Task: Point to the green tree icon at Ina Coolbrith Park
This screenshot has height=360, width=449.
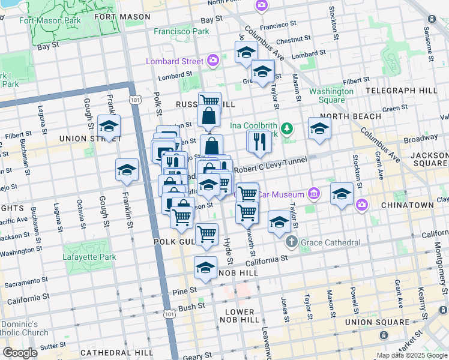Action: [288, 128]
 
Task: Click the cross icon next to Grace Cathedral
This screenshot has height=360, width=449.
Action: [292, 242]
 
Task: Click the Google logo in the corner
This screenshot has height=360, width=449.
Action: [20, 352]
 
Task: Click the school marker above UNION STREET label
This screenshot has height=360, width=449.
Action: [109, 126]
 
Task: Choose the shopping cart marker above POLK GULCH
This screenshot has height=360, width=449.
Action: [207, 233]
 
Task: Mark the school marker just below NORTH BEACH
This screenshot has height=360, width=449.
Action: [319, 128]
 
